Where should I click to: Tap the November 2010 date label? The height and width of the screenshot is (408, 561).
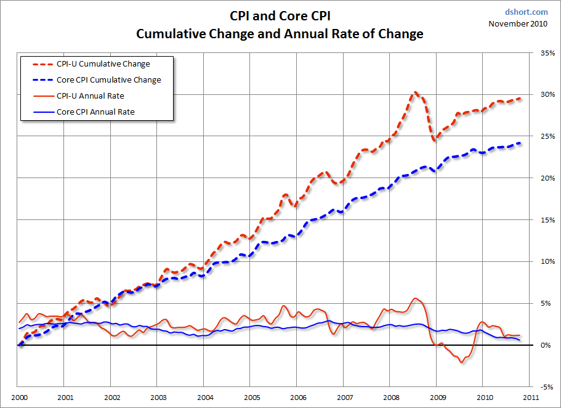pos(518,24)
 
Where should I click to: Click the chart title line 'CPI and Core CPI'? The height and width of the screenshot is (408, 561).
pos(280,16)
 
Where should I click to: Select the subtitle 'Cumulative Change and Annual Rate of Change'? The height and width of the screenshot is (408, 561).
pos(280,34)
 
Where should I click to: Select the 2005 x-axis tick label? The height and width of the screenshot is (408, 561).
pos(251,397)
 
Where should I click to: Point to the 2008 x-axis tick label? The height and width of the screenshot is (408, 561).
pos(391,397)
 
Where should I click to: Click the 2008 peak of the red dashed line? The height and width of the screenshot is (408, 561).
pos(416,92)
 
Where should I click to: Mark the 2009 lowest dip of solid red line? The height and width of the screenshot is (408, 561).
pos(461,362)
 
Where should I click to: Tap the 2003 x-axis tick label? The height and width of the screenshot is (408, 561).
pos(158,397)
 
